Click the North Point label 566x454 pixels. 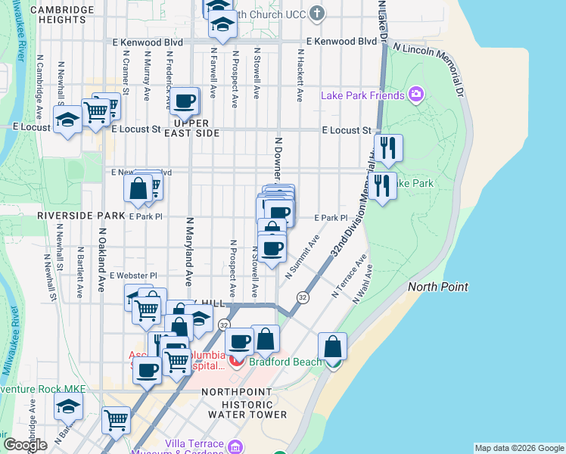tap(437, 287)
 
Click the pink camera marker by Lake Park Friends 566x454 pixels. tap(415, 95)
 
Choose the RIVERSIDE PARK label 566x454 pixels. tap(81, 216)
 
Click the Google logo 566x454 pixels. tap(25, 445)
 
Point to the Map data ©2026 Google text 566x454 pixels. tap(519, 448)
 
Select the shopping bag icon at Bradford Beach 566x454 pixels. tap(332, 347)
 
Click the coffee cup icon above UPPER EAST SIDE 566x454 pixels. tap(184, 101)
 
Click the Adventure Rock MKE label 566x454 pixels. tap(42, 389)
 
